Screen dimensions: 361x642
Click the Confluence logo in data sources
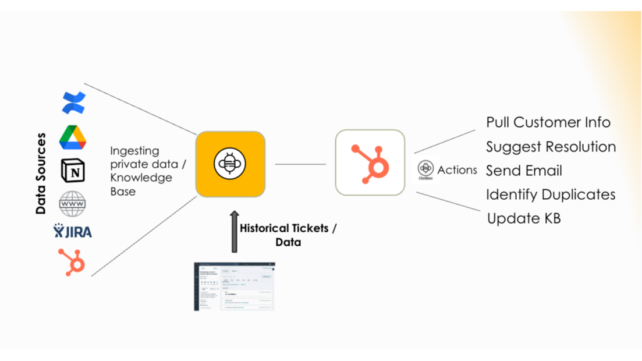73,103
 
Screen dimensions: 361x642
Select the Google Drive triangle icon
73,137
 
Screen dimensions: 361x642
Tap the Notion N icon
73,171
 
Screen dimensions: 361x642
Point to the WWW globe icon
73,204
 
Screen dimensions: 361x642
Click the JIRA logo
73,231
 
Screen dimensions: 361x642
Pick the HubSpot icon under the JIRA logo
72,261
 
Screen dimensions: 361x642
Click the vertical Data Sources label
41,174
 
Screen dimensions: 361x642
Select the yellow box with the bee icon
230,164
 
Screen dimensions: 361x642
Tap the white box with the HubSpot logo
370,162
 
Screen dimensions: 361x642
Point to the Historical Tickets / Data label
288,235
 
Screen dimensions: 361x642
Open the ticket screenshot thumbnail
234,286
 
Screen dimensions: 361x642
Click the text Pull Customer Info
548,122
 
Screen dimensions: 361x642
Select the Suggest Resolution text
551,147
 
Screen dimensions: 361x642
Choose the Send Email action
524,171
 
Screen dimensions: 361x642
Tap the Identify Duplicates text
551,194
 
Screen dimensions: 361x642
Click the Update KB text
524,218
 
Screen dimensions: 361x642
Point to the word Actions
457,170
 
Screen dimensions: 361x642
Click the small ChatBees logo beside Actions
425,169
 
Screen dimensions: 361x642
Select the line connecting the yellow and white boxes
300,164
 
